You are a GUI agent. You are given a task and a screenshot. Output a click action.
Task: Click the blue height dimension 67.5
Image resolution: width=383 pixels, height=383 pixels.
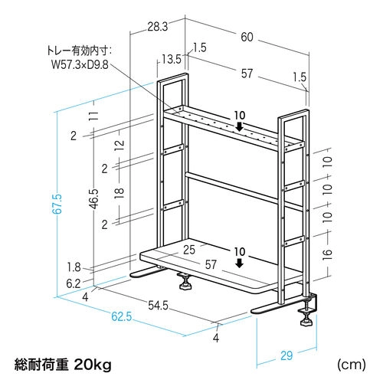[58, 204]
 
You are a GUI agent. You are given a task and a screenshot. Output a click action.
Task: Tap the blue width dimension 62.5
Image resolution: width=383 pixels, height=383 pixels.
[122, 316]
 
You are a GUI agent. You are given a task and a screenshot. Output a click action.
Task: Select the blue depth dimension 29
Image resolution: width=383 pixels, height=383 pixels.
[286, 355]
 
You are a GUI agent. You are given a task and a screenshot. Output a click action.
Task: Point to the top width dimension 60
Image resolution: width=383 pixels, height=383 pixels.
[247, 37]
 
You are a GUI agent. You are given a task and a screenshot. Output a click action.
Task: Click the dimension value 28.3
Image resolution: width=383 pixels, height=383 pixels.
[158, 27]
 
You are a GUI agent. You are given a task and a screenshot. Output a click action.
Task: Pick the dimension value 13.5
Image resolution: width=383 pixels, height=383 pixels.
[172, 60]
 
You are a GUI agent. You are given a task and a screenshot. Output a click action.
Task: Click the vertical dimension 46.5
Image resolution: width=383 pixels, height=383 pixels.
[94, 198]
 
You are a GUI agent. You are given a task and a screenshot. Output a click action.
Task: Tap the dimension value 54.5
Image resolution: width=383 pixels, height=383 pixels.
[159, 305]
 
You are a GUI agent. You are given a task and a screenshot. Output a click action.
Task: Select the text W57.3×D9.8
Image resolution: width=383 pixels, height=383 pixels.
[80, 64]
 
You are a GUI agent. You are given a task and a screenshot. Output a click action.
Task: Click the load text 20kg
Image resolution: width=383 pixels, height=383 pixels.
[93, 365]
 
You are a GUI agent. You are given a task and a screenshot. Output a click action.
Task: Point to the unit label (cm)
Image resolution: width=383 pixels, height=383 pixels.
[352, 365]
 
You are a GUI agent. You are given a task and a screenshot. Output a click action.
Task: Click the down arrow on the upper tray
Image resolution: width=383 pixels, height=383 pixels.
[239, 126]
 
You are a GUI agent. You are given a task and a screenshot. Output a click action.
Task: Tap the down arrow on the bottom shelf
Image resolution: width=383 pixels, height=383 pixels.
[239, 264]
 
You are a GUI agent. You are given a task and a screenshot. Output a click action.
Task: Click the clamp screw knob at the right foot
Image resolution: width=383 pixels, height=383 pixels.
[306, 322]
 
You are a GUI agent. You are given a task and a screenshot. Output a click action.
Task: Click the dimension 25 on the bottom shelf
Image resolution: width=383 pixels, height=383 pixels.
[189, 250]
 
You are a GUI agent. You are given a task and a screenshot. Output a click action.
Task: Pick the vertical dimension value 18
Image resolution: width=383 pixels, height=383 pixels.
[119, 193]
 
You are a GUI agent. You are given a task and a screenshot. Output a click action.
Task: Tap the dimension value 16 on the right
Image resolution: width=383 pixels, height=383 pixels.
[328, 254]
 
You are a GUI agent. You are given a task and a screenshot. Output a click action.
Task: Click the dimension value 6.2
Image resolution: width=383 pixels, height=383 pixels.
[74, 283]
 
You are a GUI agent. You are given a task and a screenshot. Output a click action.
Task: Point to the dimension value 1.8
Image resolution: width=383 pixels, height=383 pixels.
[74, 267]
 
